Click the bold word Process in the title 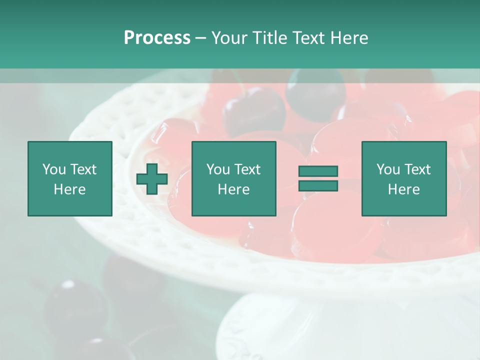tap(157, 38)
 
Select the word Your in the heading tap(229, 38)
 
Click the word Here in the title tap(348, 38)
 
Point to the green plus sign tap(152, 179)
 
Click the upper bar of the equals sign tap(318, 171)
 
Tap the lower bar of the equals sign tap(318, 186)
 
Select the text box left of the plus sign tap(69, 178)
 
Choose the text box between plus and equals tap(233, 178)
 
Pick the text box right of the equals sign tap(403, 178)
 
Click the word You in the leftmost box tap(54, 169)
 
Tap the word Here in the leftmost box tap(69, 189)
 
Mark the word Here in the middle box tap(233, 189)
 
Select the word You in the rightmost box tap(388, 169)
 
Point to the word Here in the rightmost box tap(403, 189)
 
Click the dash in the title tap(200, 38)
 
